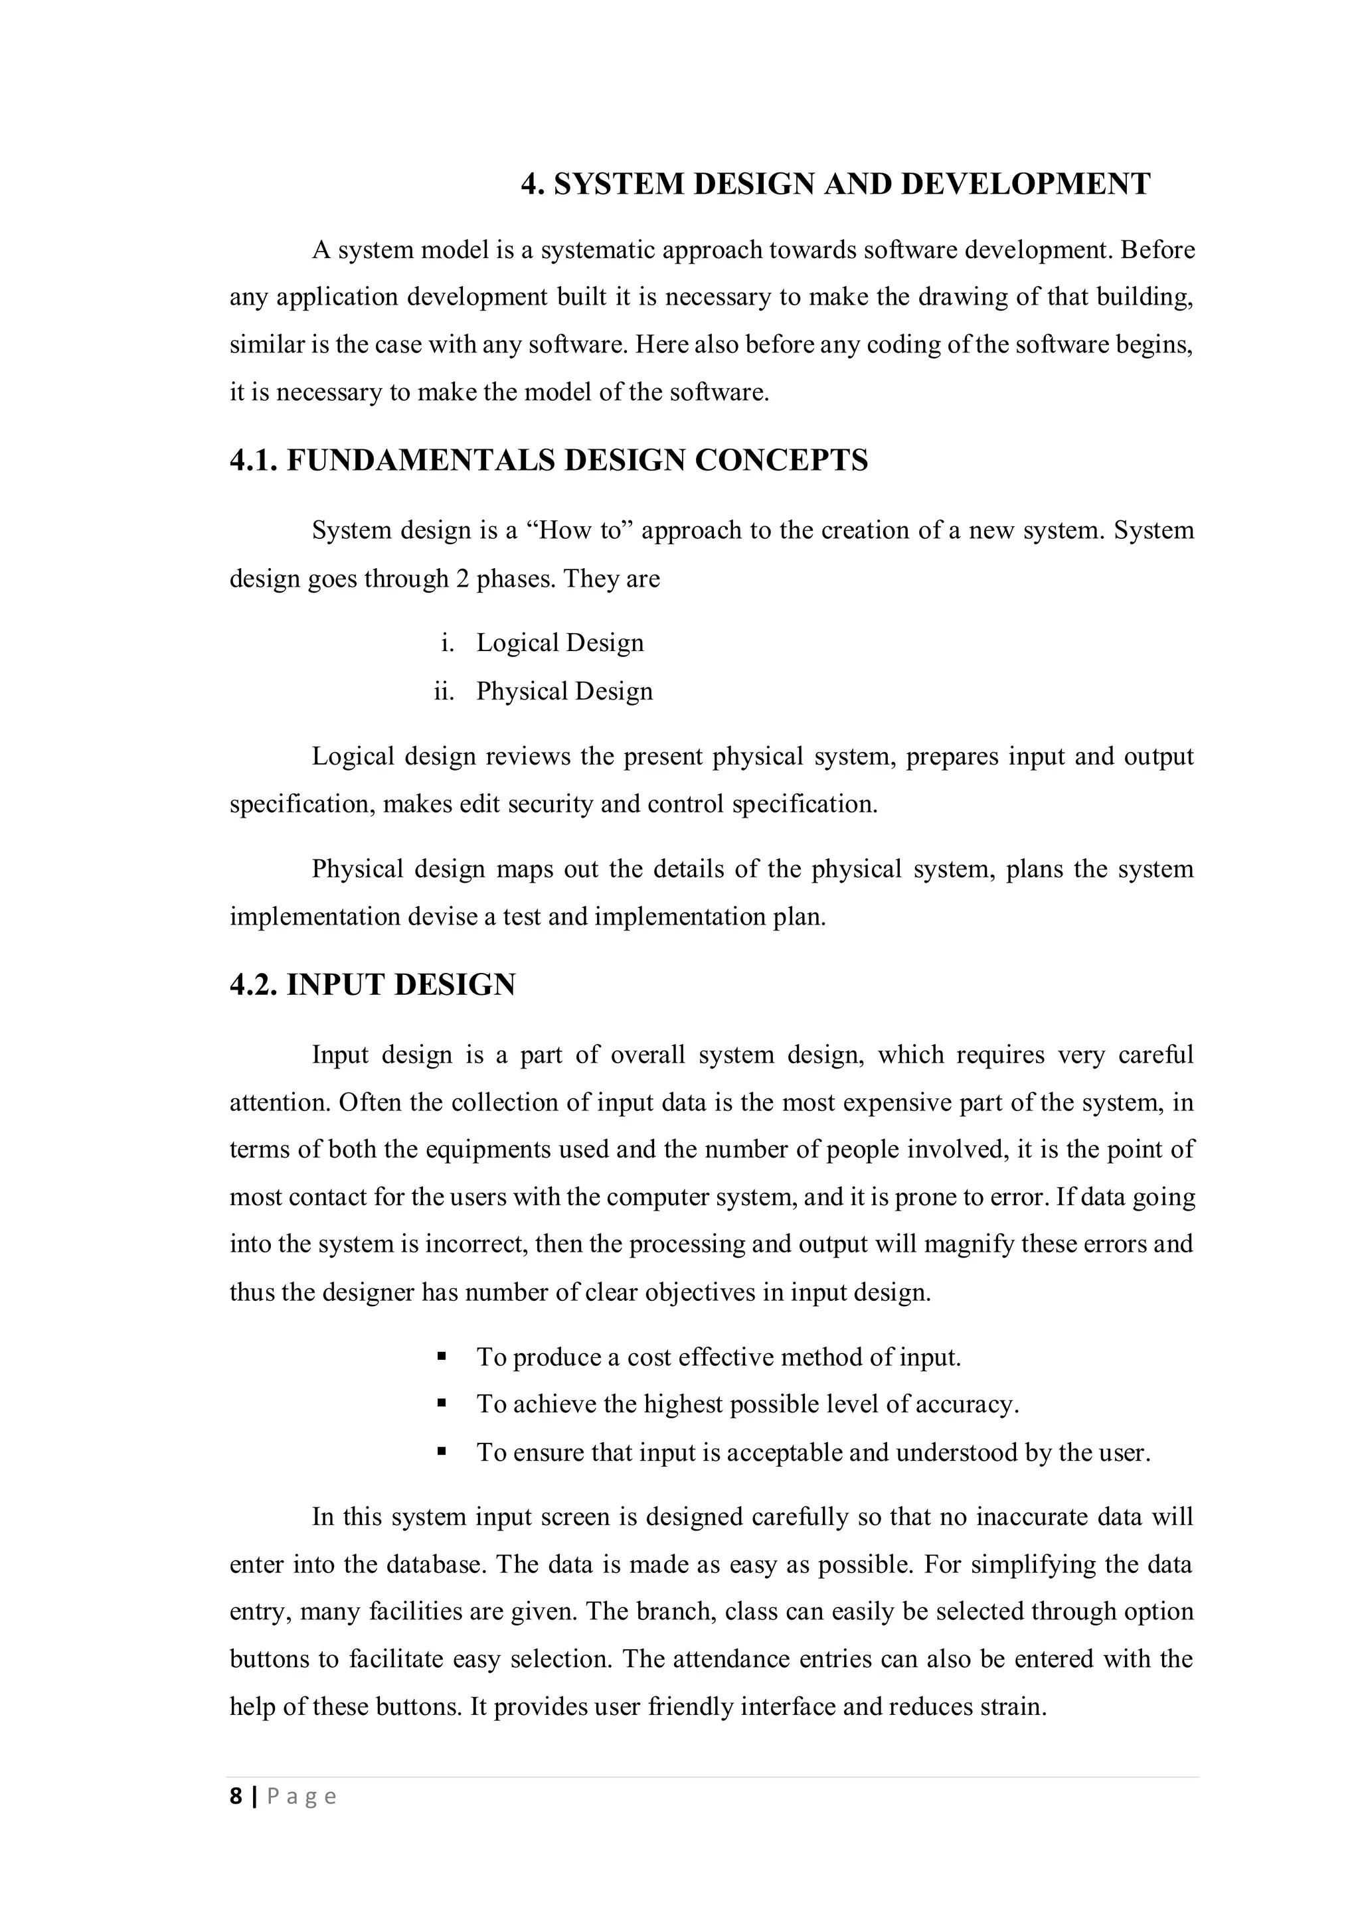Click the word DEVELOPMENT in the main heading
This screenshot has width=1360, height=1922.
click(1025, 184)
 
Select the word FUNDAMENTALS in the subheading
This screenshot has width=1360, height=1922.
click(422, 461)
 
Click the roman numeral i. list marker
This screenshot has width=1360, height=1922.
click(447, 643)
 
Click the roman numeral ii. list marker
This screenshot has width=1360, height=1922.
click(444, 692)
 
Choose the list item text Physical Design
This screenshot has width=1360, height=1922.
click(564, 692)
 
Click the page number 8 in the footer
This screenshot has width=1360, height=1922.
click(236, 1797)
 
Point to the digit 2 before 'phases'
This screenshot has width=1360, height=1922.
click(462, 579)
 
